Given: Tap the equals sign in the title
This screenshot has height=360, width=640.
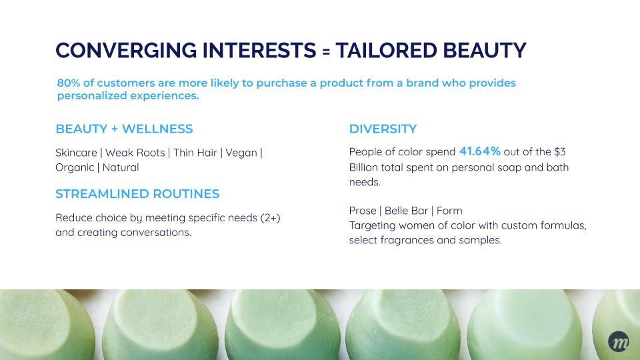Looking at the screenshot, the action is point(326,51).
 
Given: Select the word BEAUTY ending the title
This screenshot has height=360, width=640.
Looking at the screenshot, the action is point(484,50).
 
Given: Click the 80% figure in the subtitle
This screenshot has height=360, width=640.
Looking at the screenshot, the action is point(69,83).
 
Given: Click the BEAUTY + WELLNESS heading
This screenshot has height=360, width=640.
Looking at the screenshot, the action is point(124,129).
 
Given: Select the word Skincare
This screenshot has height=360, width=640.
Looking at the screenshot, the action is point(76,153).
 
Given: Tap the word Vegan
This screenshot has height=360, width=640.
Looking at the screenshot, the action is point(241,153).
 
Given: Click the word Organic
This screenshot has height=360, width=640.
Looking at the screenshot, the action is point(75,168).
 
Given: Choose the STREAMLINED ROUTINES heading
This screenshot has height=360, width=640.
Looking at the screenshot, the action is point(137,194).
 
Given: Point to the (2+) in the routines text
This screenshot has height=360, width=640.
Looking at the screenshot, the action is point(270,218).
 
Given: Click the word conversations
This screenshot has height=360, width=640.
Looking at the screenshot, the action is point(155,233).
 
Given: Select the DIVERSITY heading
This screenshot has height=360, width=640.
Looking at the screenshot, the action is point(383,129).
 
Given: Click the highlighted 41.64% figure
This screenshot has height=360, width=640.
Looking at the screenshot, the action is point(480,151).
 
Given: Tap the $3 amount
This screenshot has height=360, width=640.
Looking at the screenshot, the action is point(559,152).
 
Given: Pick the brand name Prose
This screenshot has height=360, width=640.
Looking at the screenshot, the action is point(363,211).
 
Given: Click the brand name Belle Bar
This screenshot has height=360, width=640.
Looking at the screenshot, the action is point(407,211).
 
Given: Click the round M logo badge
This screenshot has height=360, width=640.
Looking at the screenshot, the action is point(619,341).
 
